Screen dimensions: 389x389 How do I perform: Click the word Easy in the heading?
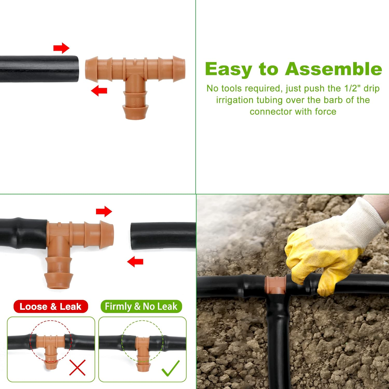(x=228, y=70)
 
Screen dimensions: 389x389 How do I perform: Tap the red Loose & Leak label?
(x=51, y=307)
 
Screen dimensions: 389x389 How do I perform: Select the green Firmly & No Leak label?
(x=141, y=307)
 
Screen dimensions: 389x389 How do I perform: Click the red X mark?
(x=77, y=367)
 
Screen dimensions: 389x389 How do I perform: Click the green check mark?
(x=170, y=368)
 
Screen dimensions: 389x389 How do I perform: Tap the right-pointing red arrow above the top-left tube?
(x=61, y=48)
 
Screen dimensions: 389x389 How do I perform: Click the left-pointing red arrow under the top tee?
(x=99, y=91)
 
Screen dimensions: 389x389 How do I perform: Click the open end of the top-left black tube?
(x=75, y=69)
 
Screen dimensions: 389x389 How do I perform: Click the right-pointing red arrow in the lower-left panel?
(x=104, y=211)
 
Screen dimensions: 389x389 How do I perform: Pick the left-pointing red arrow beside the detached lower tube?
(x=135, y=261)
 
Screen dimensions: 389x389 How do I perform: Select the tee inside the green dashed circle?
(x=142, y=348)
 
